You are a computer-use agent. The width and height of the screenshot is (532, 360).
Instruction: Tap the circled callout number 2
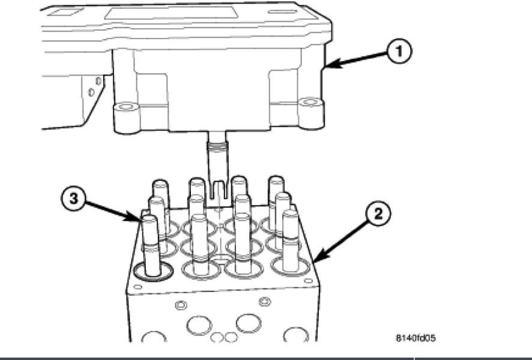coord(379,214)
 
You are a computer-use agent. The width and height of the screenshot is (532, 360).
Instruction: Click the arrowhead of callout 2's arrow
coord(315,262)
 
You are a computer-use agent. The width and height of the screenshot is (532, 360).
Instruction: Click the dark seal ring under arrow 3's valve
coord(154,272)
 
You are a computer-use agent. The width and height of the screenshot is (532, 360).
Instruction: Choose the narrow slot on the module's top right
coord(283,11)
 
